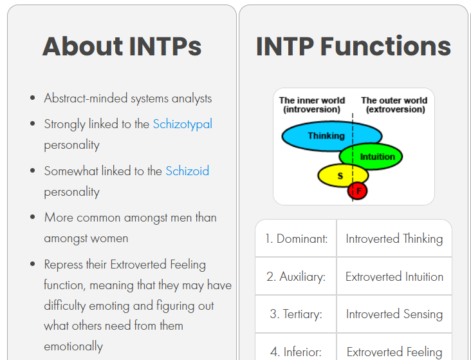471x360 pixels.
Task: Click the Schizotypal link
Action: click(x=182, y=124)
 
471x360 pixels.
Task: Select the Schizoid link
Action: click(x=187, y=171)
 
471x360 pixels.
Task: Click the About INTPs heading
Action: click(x=122, y=46)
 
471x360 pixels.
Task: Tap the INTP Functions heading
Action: click(x=353, y=46)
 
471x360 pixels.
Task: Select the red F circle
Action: click(x=358, y=191)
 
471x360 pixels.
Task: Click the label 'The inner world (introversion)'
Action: click(x=312, y=105)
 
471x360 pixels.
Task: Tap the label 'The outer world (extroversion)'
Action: click(x=394, y=105)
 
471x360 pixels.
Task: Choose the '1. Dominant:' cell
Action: click(x=296, y=239)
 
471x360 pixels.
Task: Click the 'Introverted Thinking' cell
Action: click(x=394, y=239)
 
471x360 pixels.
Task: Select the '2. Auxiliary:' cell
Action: click(x=296, y=277)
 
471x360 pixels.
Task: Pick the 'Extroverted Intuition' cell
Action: click(x=394, y=277)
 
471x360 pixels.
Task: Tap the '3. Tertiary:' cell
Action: click(x=296, y=315)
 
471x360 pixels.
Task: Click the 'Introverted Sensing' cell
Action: click(x=394, y=315)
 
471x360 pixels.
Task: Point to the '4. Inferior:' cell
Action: click(x=296, y=352)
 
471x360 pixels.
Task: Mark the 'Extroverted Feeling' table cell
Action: click(x=394, y=352)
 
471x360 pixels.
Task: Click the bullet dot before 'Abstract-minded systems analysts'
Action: click(x=33, y=99)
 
